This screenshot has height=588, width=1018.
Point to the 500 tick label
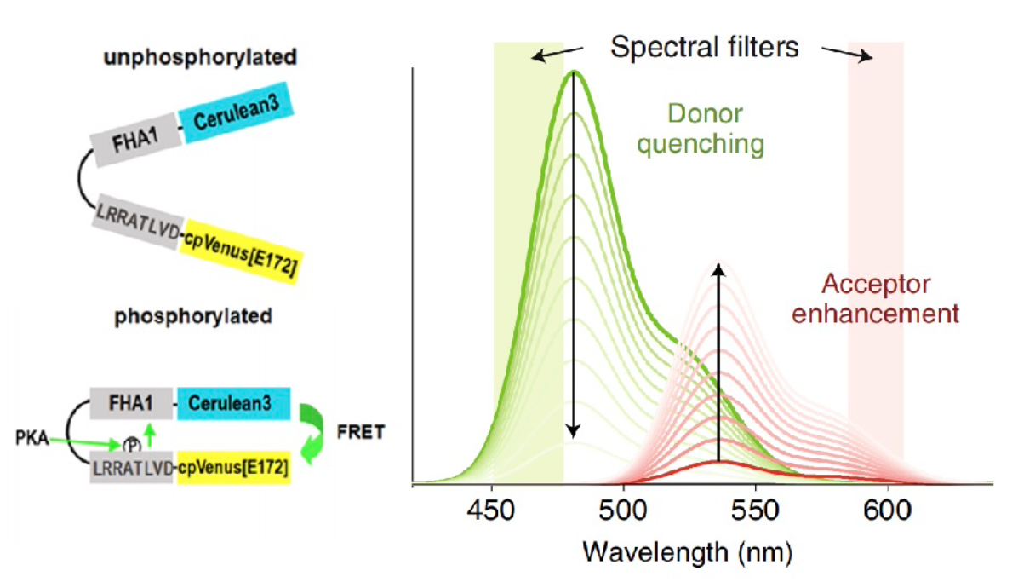tap(624, 511)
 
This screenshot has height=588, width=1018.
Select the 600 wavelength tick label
tap(888, 511)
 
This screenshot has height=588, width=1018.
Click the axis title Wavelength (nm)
tap(687, 554)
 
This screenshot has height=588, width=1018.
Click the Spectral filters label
tap(704, 47)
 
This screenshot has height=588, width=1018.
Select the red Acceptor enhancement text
tap(874, 298)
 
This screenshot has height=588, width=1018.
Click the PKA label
tap(28, 438)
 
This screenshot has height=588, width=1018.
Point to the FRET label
tap(362, 433)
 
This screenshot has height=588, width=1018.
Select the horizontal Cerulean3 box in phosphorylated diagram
tap(235, 403)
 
